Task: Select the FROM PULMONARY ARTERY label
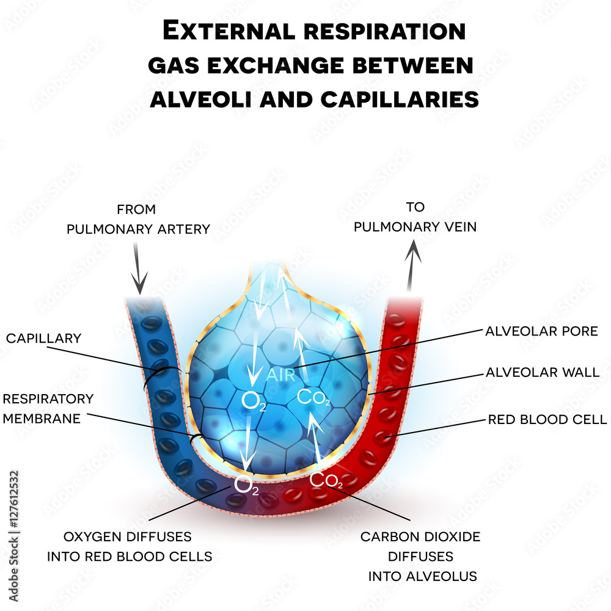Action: pos(138,219)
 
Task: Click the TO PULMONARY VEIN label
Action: pos(415,218)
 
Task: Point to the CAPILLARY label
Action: pos(43,338)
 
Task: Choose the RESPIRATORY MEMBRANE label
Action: pos(48,408)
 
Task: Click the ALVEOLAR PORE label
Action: pos(541,331)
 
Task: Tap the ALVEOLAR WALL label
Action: pos(542,372)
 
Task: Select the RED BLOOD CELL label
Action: pos(547,419)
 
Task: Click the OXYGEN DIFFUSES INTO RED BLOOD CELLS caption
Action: pos(130,546)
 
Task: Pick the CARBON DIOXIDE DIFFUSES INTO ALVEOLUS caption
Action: pos(420,556)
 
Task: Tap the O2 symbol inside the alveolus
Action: pos(254,401)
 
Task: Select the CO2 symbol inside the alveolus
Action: pos(313,397)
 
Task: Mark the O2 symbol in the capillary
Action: pos(246,486)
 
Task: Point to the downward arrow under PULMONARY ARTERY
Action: pos(139,268)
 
